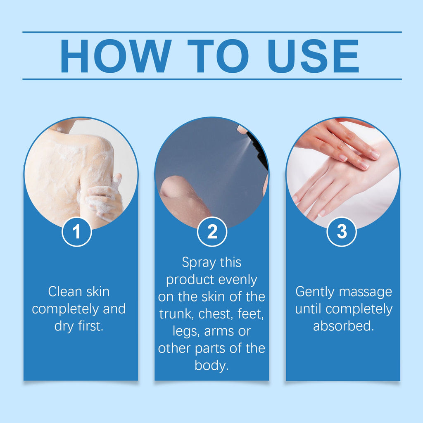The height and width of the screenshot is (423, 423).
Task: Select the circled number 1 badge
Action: [76, 232]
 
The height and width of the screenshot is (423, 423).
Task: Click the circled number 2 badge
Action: [212, 232]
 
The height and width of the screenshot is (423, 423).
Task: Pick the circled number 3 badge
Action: [342, 232]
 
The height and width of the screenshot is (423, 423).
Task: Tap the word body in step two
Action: [211, 366]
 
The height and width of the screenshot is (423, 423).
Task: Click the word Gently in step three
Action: [316, 292]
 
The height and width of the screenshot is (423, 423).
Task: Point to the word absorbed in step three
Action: [343, 326]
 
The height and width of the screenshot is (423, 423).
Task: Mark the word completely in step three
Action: [361, 309]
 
